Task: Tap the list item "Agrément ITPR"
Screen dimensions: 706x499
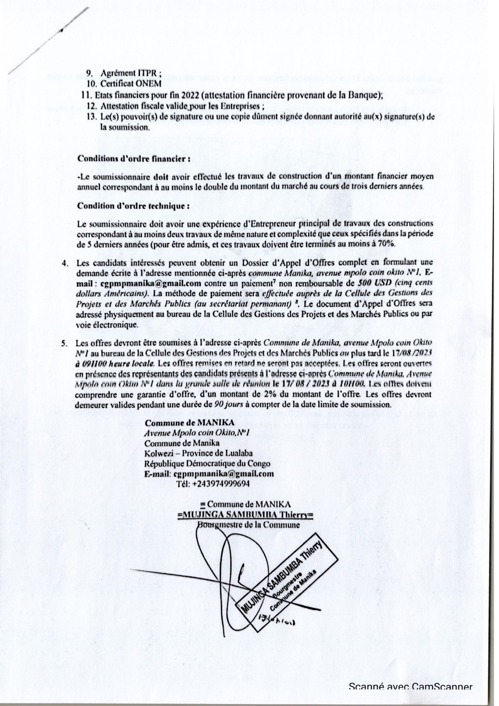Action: pyautogui.click(x=127, y=74)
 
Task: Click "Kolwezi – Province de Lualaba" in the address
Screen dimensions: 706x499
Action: pyautogui.click(x=198, y=453)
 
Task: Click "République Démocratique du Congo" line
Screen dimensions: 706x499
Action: pyautogui.click(x=208, y=463)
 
